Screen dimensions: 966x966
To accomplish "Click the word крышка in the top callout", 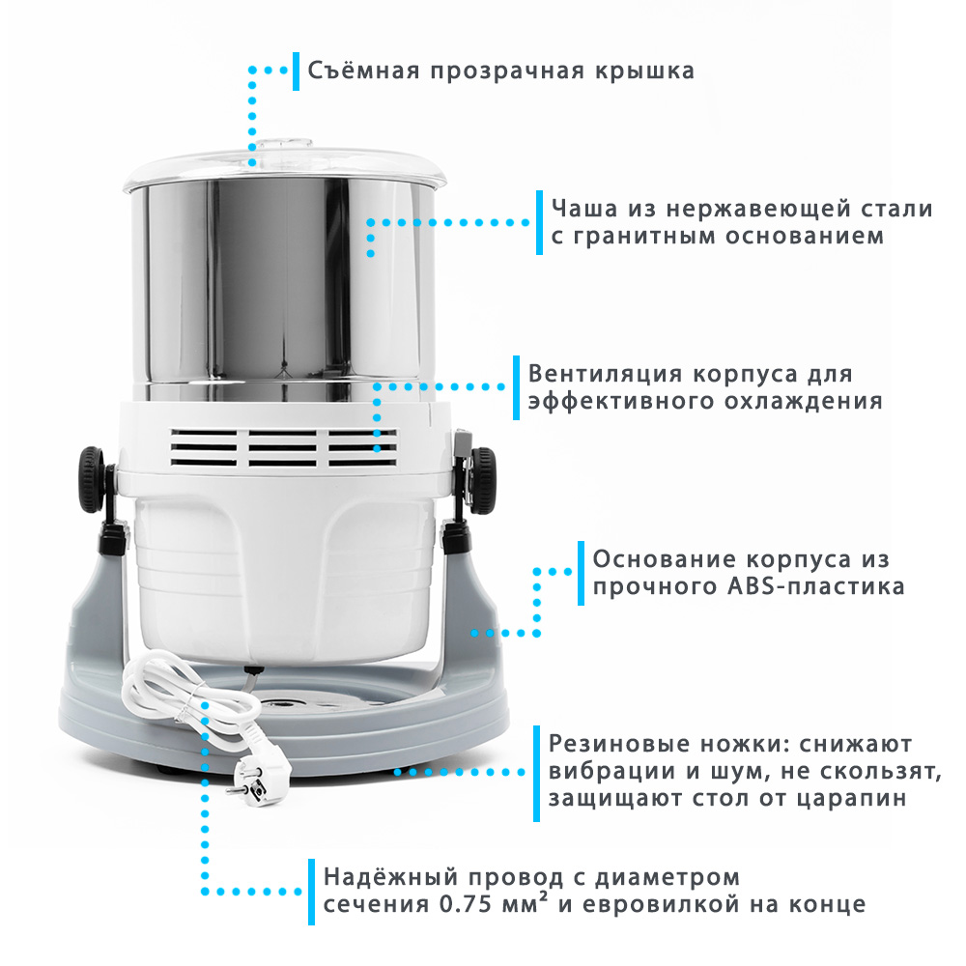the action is click(644, 71).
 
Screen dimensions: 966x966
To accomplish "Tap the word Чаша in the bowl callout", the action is click(584, 209).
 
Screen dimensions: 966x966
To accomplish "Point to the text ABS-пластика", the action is click(816, 586).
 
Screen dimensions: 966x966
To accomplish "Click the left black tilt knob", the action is click(92, 479).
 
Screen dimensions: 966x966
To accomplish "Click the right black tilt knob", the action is click(482, 480).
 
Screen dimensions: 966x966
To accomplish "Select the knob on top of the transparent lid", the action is click(284, 147).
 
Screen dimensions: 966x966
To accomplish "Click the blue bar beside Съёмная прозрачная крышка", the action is click(297, 71).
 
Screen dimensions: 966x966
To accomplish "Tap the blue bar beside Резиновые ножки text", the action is click(536, 773).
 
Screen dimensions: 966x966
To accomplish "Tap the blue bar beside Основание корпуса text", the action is click(581, 573).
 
